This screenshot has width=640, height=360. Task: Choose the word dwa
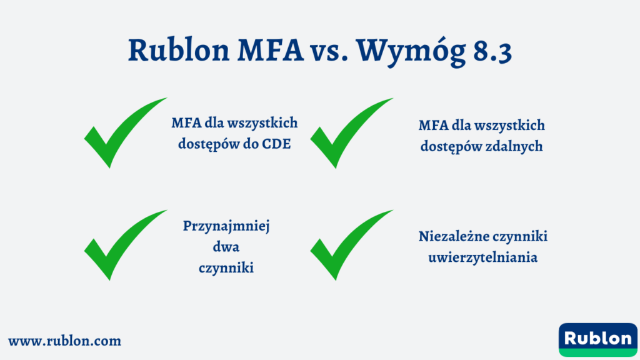click(x=226, y=247)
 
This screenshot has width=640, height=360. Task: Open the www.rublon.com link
click(x=64, y=341)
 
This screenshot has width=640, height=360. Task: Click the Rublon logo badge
click(x=597, y=338)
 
